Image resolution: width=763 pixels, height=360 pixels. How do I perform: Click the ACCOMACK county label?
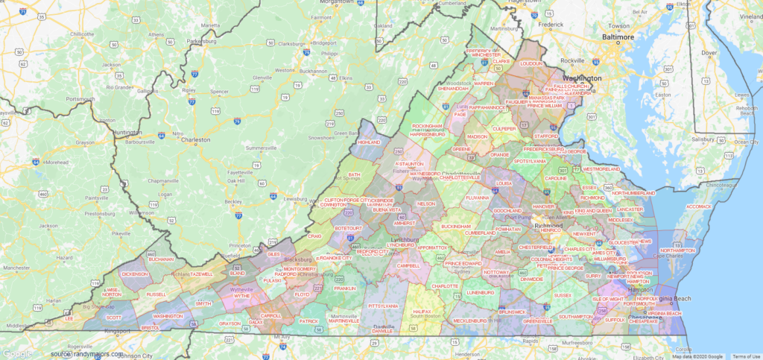pyautogui.click(x=699, y=206)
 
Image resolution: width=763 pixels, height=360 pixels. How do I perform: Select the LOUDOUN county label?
pyautogui.click(x=531, y=64)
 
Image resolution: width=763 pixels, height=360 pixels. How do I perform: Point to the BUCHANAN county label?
pyautogui.click(x=161, y=259)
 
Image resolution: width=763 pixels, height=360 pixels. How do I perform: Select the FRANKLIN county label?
pyautogui.click(x=345, y=288)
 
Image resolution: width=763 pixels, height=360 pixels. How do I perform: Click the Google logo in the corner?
pyautogui.click(x=16, y=353)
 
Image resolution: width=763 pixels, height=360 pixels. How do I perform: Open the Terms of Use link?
pyautogui.click(x=746, y=356)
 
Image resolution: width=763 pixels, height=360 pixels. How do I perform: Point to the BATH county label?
pyautogui.click(x=354, y=174)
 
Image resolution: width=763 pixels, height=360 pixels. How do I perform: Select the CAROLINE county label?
pyautogui.click(x=556, y=178)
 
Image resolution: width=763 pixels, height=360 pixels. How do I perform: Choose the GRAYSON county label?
pyautogui.click(x=230, y=323)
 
